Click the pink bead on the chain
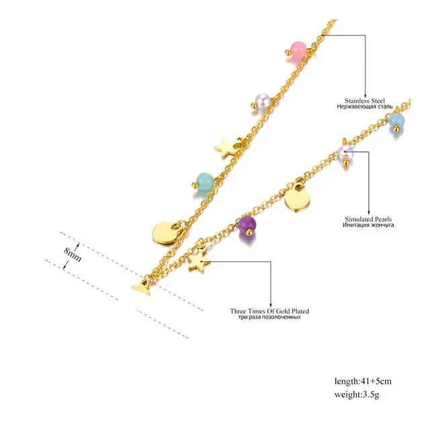(298, 50)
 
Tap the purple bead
(247, 224)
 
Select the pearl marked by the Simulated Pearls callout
(345, 153)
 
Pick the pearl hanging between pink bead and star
(263, 100)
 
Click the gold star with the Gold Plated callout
(199, 261)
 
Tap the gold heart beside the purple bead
(297, 198)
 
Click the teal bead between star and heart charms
(206, 181)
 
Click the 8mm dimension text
(73, 255)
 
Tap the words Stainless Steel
(364, 101)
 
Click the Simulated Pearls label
(368, 219)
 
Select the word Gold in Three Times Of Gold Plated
(282, 311)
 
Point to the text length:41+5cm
(363, 381)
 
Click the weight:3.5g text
(357, 394)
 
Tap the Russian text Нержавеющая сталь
(364, 106)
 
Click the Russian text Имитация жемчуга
(368, 225)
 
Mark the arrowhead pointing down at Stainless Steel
(365, 95)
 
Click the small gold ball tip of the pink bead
(288, 52)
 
